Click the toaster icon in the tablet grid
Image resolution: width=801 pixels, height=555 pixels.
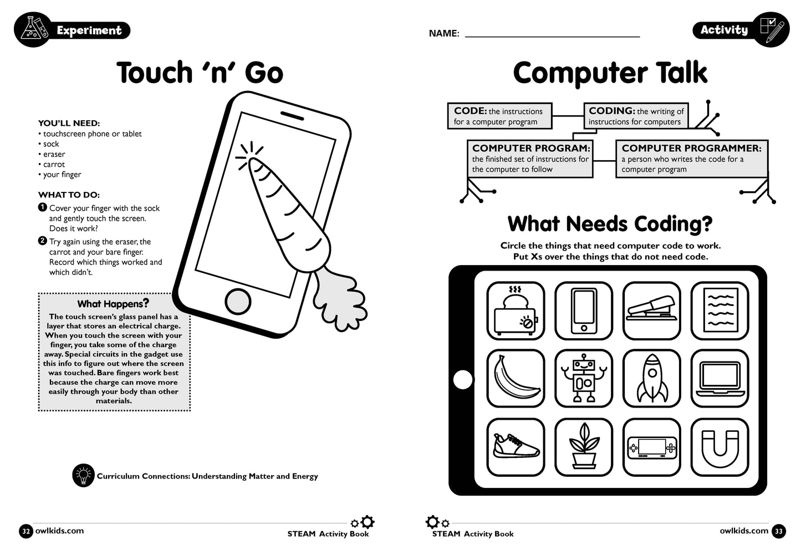516,311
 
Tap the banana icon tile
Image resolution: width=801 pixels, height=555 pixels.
516,379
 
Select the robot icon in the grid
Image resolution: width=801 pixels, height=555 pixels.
584,379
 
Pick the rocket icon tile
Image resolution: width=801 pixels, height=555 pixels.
652,379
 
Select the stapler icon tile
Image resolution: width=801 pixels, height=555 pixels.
652,311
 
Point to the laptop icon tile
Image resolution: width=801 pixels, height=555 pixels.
720,379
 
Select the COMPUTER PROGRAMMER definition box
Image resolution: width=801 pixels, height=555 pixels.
691,159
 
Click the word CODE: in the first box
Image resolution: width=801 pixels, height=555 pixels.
470,111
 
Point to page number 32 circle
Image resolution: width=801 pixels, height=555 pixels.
25,531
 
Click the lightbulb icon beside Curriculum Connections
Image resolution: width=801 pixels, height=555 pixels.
83,476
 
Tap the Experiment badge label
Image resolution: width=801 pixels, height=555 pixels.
89,30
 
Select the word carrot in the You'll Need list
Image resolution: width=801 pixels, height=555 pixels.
54,164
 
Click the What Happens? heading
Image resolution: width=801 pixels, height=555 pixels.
113,304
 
